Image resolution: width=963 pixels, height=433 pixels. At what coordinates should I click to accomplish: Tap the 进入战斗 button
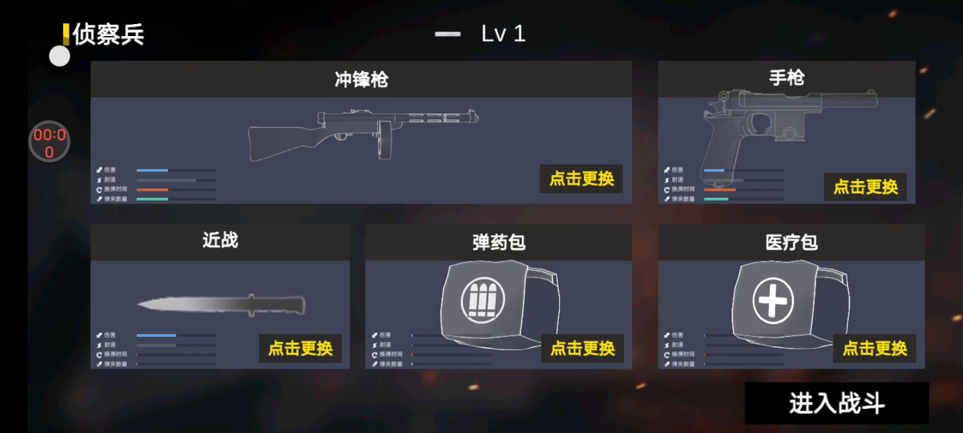837,403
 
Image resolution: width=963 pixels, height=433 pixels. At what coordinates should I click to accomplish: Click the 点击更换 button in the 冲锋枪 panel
581,179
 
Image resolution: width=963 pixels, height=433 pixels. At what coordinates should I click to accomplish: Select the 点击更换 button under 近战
300,348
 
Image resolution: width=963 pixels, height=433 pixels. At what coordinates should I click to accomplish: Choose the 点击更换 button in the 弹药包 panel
583,348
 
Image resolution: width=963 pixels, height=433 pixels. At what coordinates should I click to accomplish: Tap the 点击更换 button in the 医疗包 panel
875,348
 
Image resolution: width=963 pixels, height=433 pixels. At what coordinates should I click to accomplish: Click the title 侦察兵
108,35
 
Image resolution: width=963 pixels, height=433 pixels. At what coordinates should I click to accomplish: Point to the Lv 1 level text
503,34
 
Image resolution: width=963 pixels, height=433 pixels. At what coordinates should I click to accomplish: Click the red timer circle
49,143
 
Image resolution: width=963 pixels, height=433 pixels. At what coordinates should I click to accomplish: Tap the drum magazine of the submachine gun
385,140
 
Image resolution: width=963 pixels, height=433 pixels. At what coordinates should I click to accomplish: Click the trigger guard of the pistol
760,123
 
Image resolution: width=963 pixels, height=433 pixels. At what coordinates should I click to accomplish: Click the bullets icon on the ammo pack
483,299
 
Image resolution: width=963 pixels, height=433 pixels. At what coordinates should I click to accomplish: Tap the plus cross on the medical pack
773,300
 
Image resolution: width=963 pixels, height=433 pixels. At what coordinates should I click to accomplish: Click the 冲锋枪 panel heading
361,79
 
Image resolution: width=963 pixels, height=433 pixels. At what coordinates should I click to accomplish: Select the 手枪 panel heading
786,78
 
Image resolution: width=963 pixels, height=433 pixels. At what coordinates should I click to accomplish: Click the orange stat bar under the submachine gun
152,189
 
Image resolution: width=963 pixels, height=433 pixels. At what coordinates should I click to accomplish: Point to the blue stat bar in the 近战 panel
156,335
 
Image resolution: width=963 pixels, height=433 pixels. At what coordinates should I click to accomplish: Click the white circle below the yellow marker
60,57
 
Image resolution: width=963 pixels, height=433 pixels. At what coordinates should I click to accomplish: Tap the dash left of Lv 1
448,34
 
